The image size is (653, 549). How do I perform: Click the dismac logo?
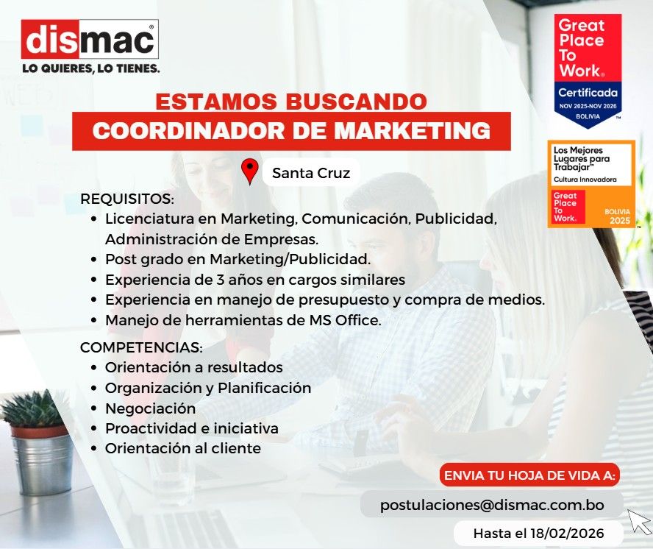coord(90,40)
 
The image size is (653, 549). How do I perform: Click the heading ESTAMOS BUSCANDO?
coord(290,101)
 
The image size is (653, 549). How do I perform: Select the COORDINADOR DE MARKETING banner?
coord(291,131)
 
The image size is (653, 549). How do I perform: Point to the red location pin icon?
coord(250,171)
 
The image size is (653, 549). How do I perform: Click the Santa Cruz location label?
coord(310,174)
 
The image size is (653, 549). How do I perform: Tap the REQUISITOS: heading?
coord(127,199)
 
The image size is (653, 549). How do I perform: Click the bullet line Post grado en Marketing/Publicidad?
coord(238,260)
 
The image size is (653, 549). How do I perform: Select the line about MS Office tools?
coord(243,321)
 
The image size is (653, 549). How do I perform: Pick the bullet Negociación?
coord(150,408)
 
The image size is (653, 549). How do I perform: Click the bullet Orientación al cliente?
coord(182,448)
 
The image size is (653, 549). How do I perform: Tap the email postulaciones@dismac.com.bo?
coord(492,506)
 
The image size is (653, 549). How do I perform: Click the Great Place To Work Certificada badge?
coord(588,70)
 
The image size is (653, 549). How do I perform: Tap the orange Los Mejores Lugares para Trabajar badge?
coord(591,184)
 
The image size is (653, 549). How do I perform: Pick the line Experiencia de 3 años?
coord(254,280)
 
